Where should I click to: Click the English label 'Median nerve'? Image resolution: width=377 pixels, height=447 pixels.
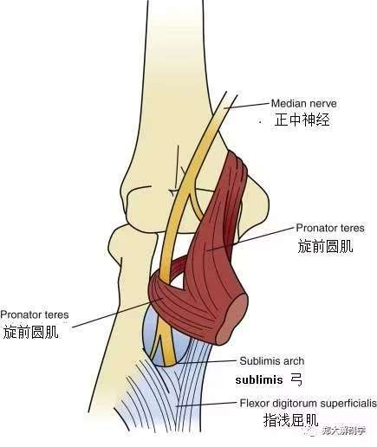[303, 103]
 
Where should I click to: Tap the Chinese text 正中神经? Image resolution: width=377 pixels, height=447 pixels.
[302, 120]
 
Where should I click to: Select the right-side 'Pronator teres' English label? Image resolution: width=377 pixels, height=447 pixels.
[330, 228]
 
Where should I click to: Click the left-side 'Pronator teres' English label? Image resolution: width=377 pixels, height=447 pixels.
[35, 314]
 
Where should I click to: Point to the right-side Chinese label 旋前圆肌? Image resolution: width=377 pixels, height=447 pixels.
[325, 246]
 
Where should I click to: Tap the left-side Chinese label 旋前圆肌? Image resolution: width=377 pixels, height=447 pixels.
[30, 332]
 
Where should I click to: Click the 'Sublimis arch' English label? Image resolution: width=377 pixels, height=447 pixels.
[272, 360]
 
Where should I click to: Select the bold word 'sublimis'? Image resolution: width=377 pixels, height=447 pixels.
[259, 379]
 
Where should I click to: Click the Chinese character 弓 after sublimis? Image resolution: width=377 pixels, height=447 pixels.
[296, 379]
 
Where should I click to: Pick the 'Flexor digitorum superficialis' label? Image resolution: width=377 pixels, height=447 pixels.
[309, 403]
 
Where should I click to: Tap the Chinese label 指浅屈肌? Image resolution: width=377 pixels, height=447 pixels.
[290, 420]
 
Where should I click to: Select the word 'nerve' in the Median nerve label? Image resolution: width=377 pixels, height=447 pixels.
[323, 104]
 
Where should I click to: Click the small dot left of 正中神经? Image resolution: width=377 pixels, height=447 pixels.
[261, 122]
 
